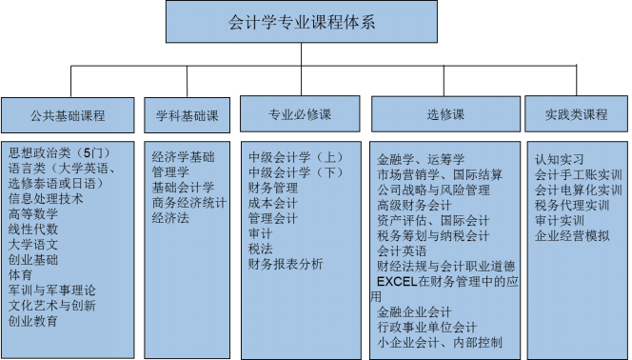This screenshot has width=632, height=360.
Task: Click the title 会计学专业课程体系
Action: [303, 22]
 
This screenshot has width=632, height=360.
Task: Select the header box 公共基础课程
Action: [68, 116]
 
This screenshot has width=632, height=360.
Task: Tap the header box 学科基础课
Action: [187, 115]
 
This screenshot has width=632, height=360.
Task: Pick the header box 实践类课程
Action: [576, 114]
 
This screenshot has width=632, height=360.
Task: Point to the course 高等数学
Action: [33, 213]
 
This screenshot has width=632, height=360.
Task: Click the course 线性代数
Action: [33, 229]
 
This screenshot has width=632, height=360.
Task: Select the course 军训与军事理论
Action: [52, 290]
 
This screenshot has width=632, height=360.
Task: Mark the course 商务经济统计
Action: [189, 203]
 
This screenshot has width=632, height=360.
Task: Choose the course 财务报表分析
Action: [286, 264]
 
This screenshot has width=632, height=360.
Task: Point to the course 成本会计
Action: [273, 203]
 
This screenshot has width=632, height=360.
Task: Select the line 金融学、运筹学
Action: [421, 159]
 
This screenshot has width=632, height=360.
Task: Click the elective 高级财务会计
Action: [414, 205]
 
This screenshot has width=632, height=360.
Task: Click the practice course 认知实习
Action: [560, 159]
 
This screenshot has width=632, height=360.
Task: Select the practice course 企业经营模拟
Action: [572, 235]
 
